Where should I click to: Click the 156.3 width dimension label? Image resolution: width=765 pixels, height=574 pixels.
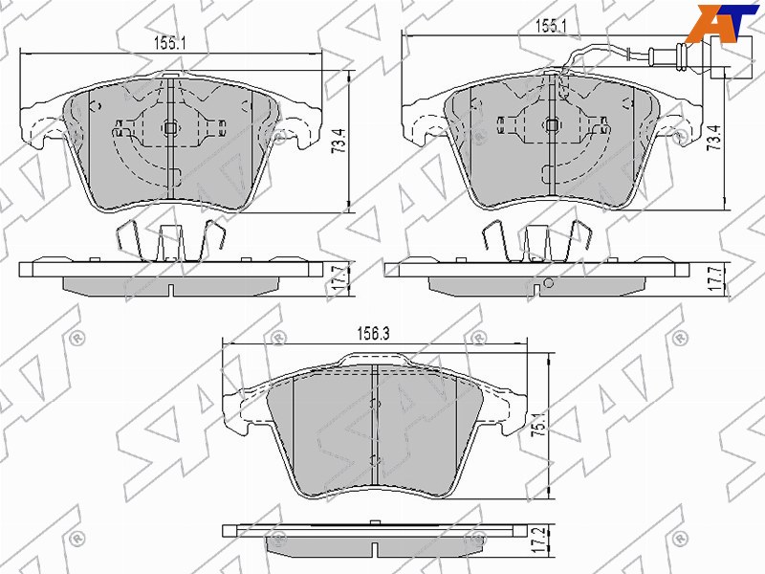373,334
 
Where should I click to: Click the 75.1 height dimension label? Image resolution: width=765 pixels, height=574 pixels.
538,422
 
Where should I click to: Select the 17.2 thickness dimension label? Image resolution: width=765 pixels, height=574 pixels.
538,539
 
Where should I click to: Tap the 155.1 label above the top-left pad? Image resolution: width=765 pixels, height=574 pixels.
170,43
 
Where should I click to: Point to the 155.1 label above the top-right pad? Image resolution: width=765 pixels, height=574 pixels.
551,27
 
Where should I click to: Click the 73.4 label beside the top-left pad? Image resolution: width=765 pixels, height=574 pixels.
339,142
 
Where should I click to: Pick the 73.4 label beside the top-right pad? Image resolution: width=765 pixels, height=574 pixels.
714,137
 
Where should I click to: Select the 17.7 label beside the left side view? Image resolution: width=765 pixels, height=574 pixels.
339,279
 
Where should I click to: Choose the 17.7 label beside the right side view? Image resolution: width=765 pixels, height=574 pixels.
714,278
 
